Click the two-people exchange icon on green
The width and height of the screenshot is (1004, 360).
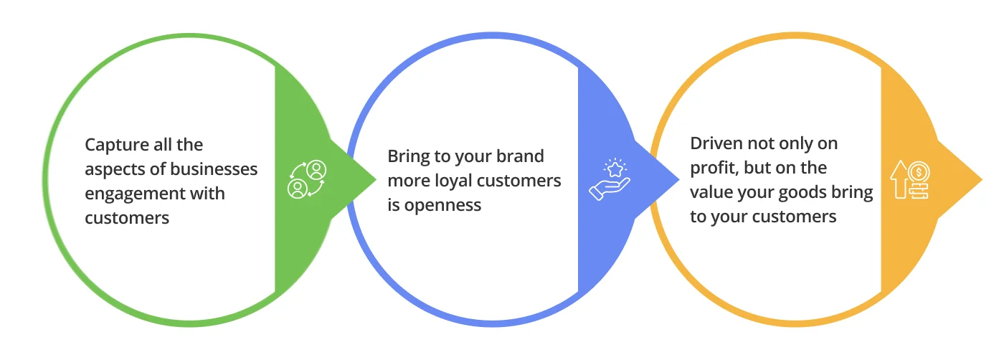pos(306,179)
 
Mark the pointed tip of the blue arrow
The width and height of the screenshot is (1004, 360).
pos(678,179)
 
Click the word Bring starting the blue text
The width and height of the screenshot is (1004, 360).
pos(409,156)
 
